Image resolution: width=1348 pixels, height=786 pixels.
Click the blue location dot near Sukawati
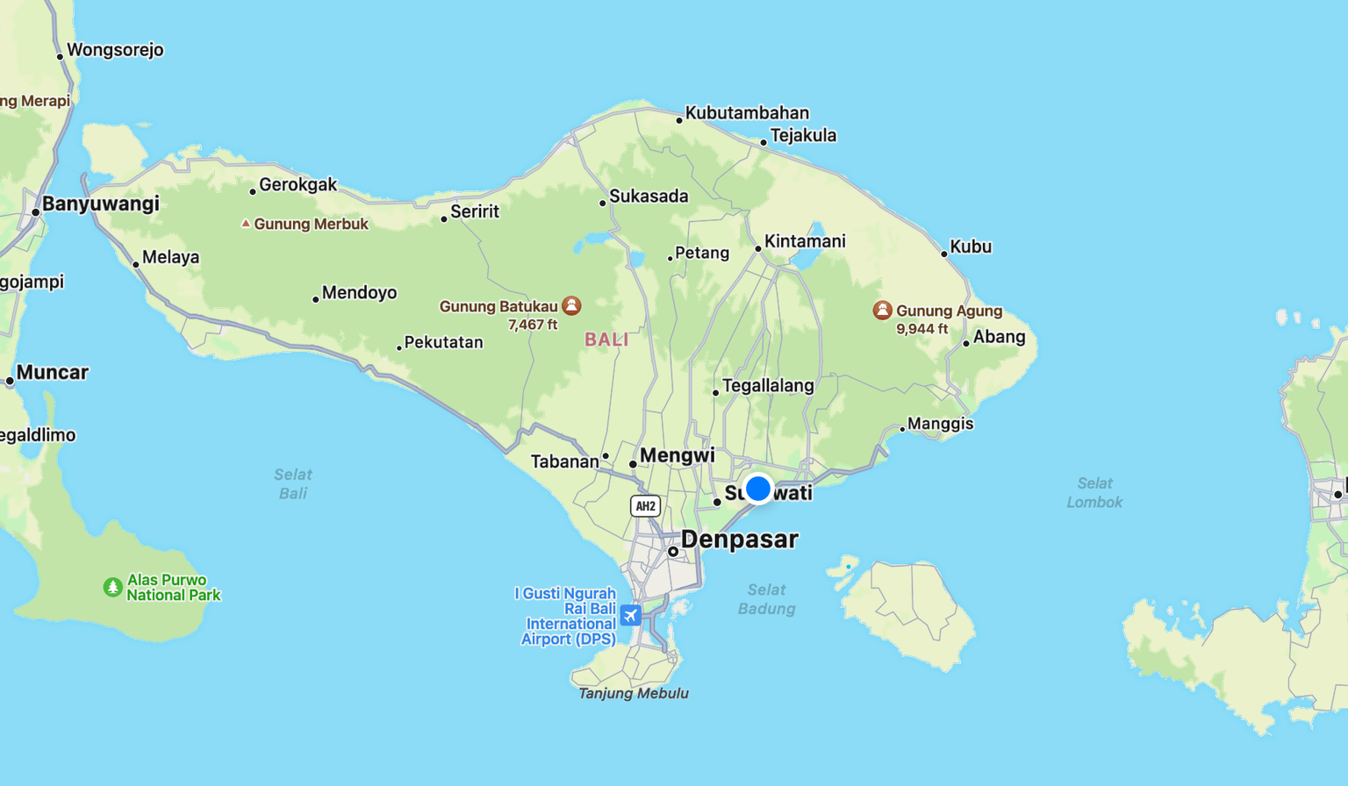click(758, 488)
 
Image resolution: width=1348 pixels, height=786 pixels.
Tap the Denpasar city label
click(739, 539)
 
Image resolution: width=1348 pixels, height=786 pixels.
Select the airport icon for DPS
click(630, 615)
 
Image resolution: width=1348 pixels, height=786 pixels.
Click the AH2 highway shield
click(645, 506)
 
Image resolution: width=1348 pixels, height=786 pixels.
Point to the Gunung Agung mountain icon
click(882, 310)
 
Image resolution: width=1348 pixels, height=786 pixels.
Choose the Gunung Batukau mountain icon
click(571, 305)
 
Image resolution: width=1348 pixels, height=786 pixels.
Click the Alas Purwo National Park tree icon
click(112, 587)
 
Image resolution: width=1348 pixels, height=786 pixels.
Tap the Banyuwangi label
click(100, 204)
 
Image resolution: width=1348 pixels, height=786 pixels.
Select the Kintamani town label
click(805, 241)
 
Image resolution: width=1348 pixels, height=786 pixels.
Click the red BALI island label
click(606, 339)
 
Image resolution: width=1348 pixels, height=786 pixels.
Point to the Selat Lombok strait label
click(1094, 493)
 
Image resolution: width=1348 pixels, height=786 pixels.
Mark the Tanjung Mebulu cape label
click(634, 693)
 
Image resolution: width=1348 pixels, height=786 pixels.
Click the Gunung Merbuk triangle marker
click(246, 224)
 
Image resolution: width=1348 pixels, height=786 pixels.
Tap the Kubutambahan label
click(747, 112)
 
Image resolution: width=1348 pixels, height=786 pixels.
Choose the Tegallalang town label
click(768, 385)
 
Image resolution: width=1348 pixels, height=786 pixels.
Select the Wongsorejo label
click(115, 49)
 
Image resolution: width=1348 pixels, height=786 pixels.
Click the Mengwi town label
click(677, 455)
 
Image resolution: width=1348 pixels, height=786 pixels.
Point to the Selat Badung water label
click(766, 599)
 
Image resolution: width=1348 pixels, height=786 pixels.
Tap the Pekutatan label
click(443, 342)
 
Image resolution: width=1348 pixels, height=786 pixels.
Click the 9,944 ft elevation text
click(921, 329)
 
